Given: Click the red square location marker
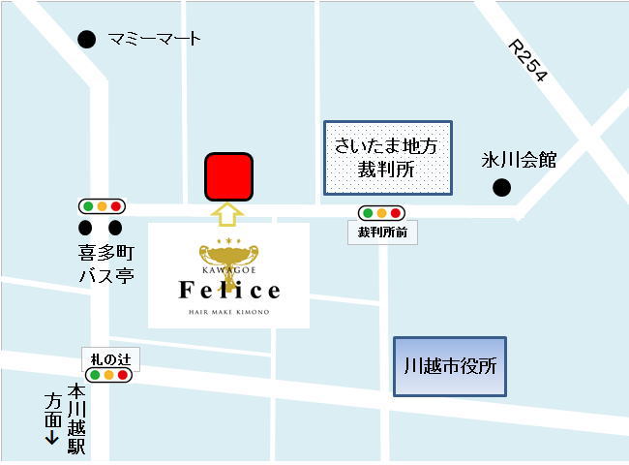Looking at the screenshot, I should pos(228,177).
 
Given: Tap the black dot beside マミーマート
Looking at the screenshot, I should pos(87,40).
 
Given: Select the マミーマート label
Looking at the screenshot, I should pos(155,40).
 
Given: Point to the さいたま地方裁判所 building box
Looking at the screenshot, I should pos(387,156).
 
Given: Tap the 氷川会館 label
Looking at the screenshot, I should pos(520,161).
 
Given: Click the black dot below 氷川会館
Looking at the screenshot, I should pos(501,188).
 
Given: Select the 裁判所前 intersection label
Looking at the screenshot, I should pos(381,232).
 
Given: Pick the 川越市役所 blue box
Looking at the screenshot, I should pos(450,367).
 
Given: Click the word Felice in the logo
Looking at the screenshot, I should pos(229,290).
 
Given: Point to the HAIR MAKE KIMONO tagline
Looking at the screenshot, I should pos(229,313).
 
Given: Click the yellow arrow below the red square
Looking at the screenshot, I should pos(228,214).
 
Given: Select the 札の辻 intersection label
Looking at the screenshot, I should pos(109,358).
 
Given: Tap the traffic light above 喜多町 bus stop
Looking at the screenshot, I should pos(102,206).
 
